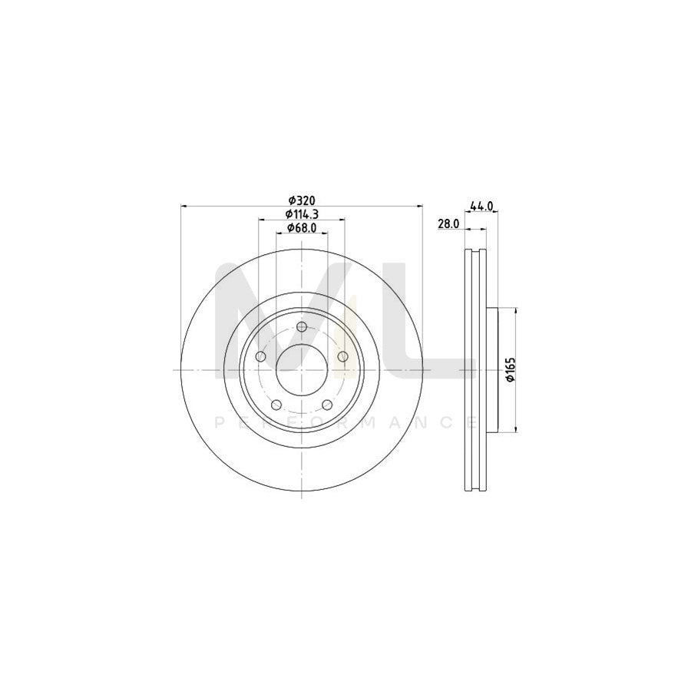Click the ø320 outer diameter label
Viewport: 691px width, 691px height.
(x=301, y=200)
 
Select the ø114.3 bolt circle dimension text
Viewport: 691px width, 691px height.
(x=301, y=213)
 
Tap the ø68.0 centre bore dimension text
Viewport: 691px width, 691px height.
(x=301, y=228)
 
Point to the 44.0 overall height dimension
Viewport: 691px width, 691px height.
(x=481, y=206)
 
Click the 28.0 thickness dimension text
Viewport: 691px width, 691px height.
(x=448, y=224)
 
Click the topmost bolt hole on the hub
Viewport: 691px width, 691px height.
(x=301, y=329)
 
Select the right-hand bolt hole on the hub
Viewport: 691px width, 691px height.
(x=342, y=356)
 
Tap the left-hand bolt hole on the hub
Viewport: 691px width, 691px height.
(x=260, y=357)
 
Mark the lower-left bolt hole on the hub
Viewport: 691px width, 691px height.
(x=276, y=405)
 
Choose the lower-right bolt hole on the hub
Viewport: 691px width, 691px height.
(x=326, y=405)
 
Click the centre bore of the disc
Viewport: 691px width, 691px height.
(x=301, y=369)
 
